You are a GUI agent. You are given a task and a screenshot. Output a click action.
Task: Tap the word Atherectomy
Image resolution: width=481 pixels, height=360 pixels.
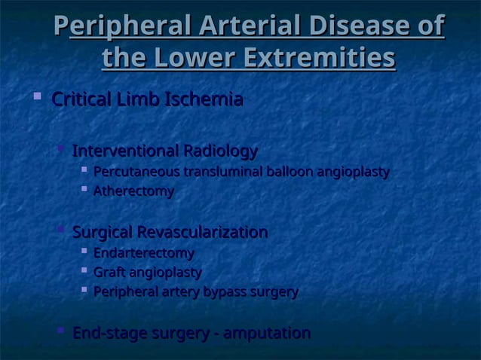[x=133, y=192]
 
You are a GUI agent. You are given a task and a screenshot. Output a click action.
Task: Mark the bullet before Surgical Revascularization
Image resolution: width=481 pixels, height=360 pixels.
[x=61, y=230]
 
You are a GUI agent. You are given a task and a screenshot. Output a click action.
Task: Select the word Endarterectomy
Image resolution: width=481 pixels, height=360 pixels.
[x=143, y=253]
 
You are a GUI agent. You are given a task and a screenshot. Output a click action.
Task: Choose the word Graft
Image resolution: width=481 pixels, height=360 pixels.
[x=109, y=272]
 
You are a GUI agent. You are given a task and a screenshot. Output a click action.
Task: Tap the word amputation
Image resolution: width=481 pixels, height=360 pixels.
[x=265, y=333]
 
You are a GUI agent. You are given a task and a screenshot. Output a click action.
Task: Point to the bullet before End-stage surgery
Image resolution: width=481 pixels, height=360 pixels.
[x=61, y=331]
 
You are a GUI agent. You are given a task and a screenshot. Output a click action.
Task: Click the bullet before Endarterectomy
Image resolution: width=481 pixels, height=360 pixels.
[x=84, y=252]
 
